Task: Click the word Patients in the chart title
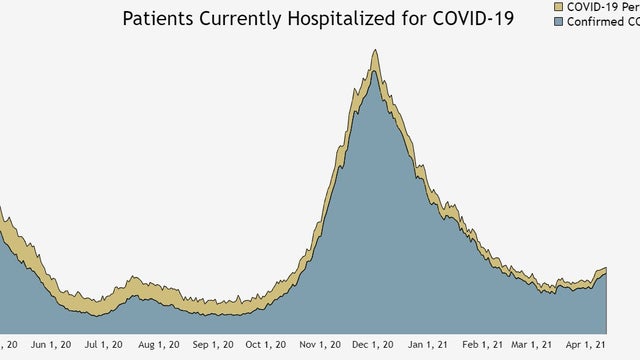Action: (156, 19)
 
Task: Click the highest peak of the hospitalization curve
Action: (375, 51)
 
